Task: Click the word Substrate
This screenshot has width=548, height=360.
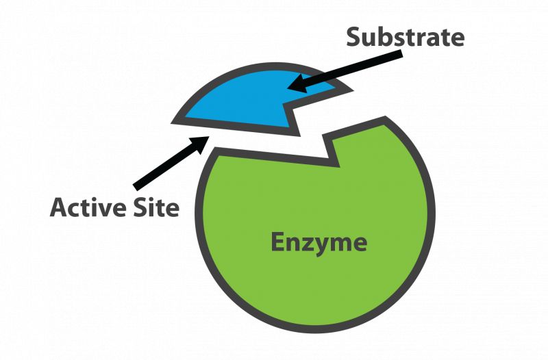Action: click(406, 37)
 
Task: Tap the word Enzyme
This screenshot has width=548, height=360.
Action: click(319, 242)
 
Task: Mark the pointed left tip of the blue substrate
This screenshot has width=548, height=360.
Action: click(175, 120)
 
